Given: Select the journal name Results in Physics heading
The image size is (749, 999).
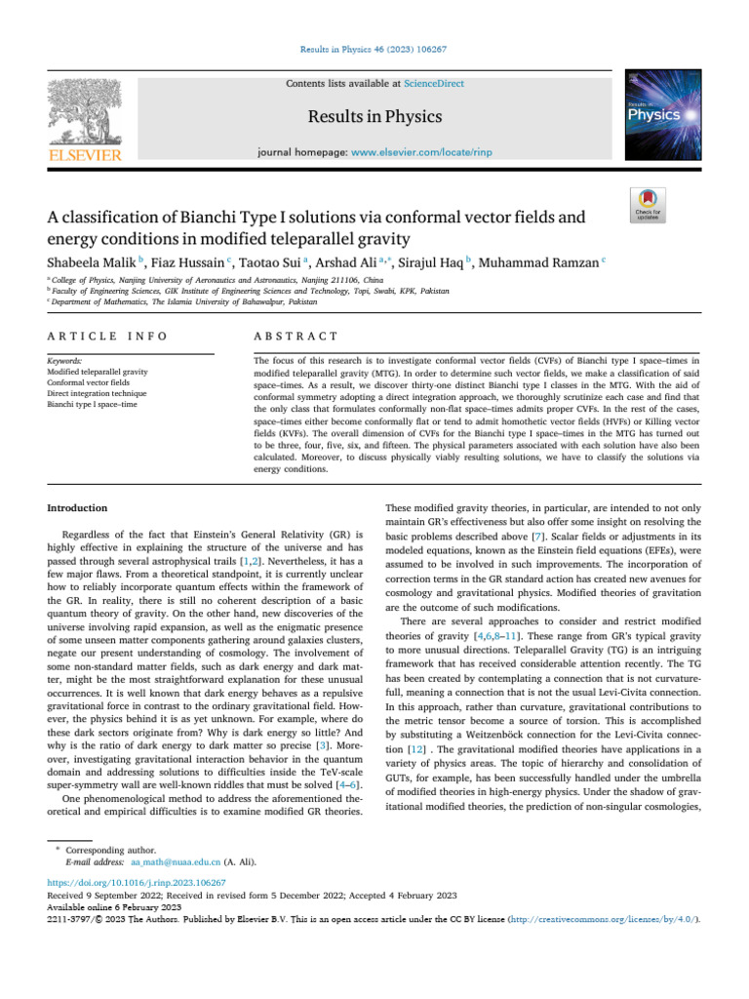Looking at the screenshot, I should pyautogui.click(x=374, y=117).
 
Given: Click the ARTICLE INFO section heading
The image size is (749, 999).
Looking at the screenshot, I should pyautogui.click(x=106, y=337).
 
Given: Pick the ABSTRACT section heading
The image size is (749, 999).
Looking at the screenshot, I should pyautogui.click(x=296, y=337).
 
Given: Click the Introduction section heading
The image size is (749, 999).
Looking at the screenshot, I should pyautogui.click(x=78, y=507).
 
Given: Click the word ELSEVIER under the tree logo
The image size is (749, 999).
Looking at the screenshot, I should pyautogui.click(x=82, y=155).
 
